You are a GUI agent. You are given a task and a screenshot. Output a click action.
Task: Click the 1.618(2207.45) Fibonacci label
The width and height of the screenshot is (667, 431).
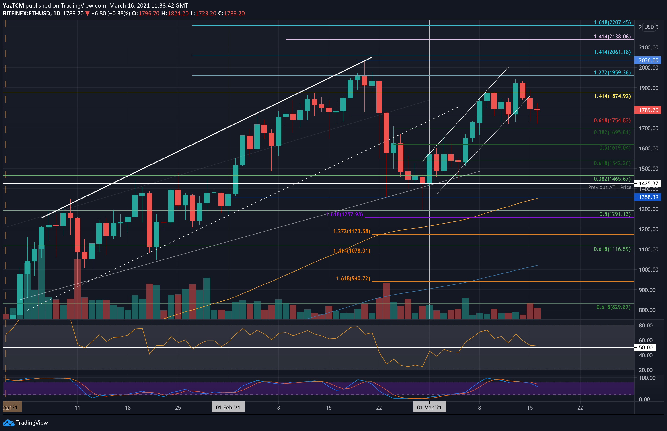pos(612,22)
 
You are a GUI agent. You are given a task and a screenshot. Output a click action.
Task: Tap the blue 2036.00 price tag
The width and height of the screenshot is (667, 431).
pos(648,60)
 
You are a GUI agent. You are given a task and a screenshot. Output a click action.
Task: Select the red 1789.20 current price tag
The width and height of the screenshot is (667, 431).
pos(648,110)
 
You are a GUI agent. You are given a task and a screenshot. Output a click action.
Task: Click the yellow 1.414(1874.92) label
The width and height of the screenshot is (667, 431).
pos(612,96)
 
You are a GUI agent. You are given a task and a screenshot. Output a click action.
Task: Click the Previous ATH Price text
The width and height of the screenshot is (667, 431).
pos(610,187)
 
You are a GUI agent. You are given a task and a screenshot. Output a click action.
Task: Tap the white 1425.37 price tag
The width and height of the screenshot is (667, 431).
pos(648,184)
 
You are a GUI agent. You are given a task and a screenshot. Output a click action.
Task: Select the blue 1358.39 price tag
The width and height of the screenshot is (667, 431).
pos(648,197)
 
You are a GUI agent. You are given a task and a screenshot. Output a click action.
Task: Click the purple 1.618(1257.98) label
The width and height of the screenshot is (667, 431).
pos(345,214)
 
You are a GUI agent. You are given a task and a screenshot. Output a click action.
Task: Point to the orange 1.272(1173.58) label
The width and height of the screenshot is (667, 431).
pos(351,231)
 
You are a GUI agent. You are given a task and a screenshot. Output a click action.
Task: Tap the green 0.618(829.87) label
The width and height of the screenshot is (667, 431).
pos(613,307)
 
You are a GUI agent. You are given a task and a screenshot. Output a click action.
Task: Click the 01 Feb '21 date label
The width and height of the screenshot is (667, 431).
pos(228,407)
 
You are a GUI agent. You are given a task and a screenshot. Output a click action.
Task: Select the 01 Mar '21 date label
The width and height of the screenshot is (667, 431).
pos(429,407)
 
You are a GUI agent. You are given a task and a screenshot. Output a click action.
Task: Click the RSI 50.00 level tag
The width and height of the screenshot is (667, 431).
pos(645,348)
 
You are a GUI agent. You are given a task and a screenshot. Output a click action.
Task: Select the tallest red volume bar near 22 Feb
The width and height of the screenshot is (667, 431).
pos(386,301)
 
